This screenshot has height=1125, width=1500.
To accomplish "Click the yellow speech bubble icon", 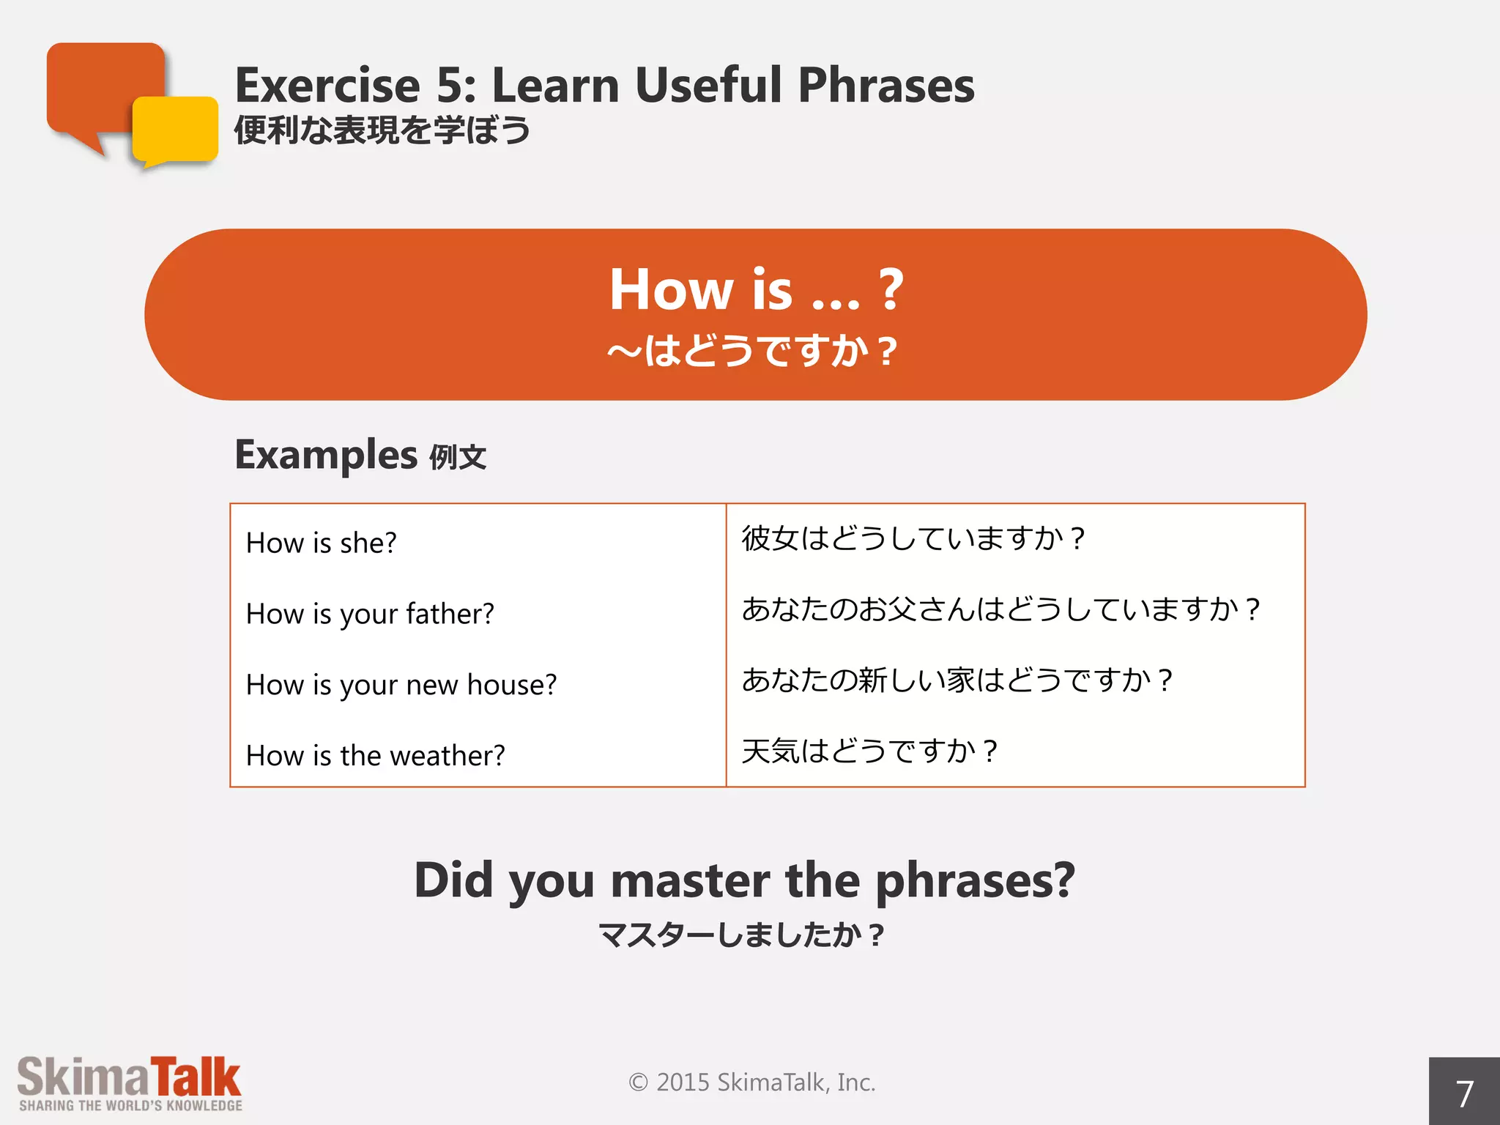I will click(176, 130).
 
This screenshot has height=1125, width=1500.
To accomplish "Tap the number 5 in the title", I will click(449, 86).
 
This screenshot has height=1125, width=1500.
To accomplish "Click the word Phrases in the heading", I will click(886, 86).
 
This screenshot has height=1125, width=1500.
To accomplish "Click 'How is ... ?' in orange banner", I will click(756, 289).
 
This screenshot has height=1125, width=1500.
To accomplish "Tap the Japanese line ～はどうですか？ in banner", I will click(753, 351).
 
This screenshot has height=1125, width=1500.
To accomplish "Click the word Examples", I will click(326, 455).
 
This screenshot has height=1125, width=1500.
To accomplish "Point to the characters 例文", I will click(458, 458).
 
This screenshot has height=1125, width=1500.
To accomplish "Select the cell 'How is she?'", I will click(321, 543).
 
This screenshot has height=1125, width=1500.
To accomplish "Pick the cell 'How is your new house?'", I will click(401, 685).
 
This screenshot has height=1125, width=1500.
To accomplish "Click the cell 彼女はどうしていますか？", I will click(913, 538).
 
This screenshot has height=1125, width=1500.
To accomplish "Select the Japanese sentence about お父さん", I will click(1000, 609).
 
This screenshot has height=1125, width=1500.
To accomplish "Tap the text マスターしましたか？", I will click(741, 935).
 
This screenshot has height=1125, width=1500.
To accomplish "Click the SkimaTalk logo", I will click(130, 1083).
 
